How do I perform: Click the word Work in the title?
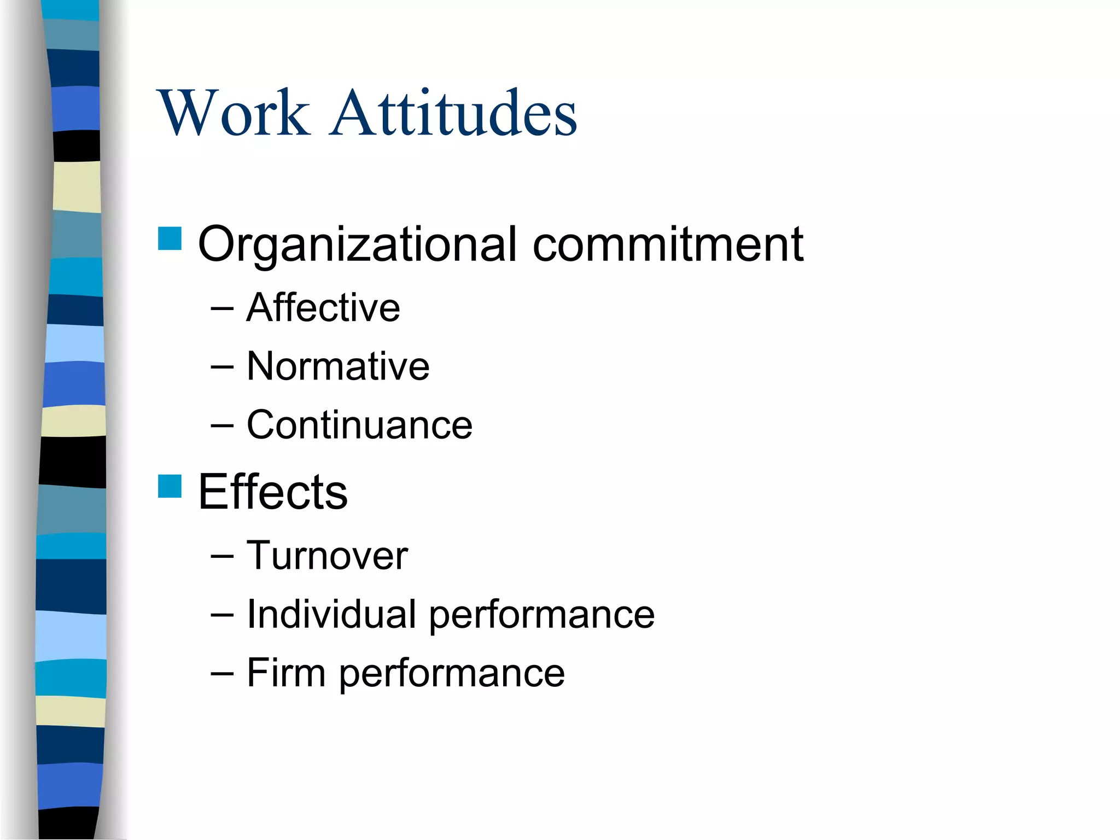234,113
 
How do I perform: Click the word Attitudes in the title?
454,113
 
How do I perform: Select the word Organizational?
357,244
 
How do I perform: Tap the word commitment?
668,244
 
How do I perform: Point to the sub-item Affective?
323,307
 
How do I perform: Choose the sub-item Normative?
338,366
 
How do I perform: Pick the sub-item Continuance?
359,425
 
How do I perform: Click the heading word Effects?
272,492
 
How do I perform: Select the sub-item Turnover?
327,556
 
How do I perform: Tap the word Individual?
331,614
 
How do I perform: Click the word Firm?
286,673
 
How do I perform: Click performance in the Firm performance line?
452,674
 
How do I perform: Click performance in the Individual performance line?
541,615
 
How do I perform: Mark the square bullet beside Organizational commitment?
170,238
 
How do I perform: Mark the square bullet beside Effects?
170,486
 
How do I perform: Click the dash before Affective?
222,309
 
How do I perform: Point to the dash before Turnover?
222,557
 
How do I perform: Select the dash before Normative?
222,367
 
